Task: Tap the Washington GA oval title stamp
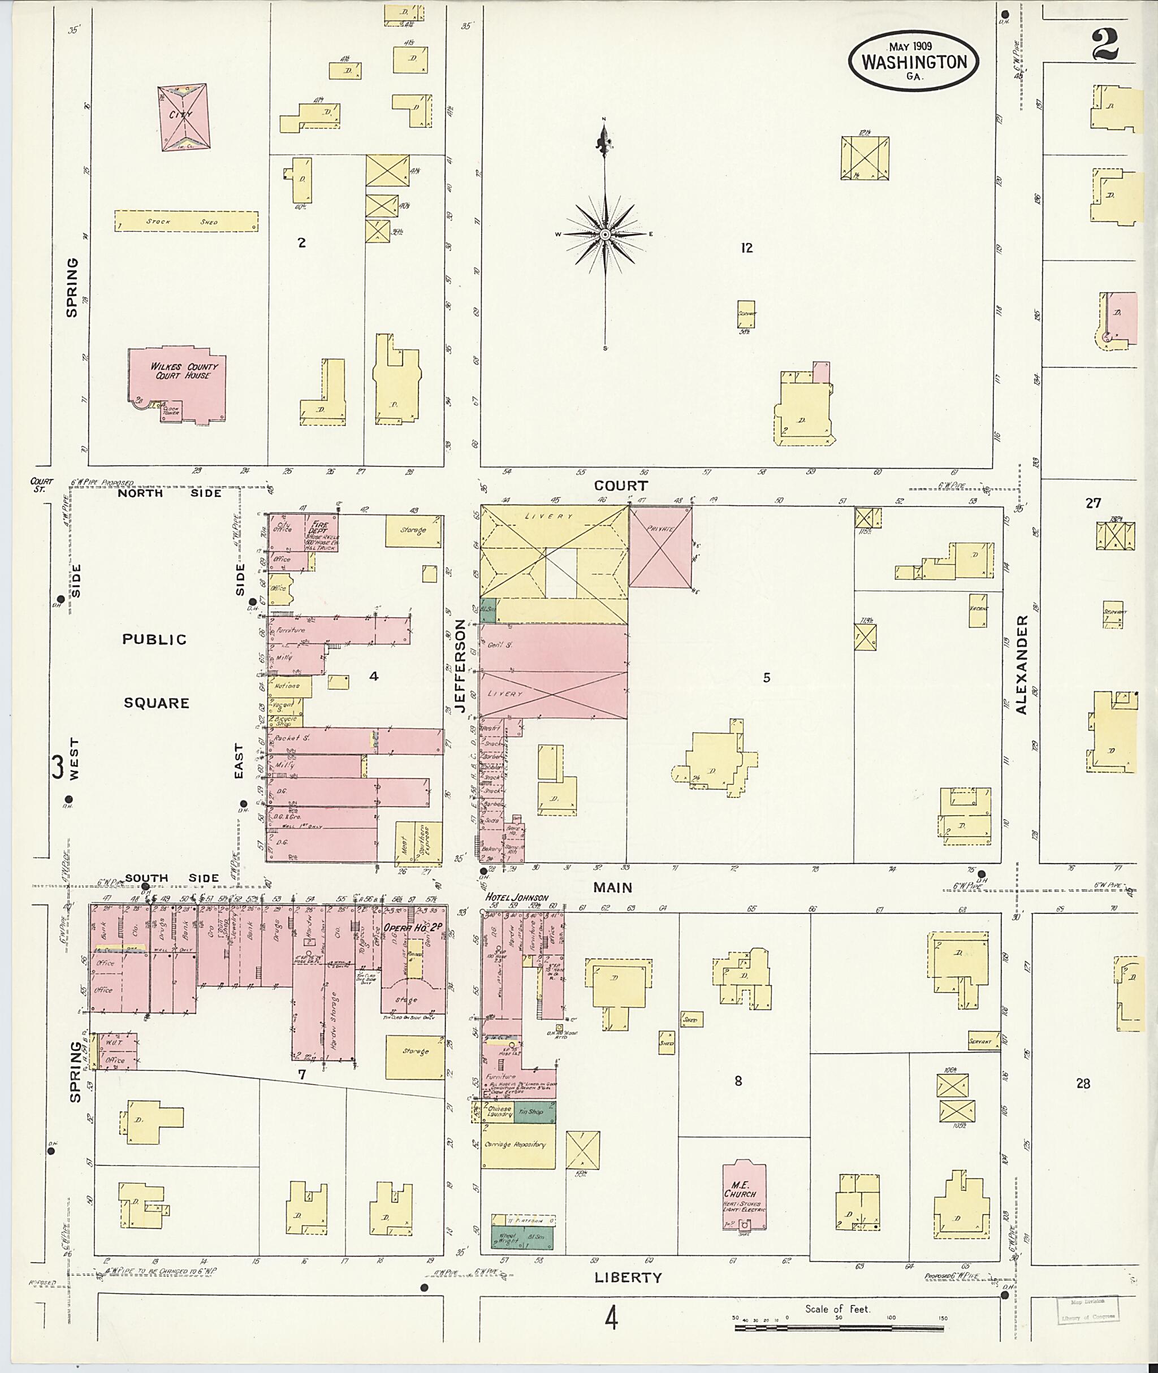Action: [913, 61]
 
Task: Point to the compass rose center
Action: [604, 235]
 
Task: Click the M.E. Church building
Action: [745, 1196]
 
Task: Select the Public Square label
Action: [155, 671]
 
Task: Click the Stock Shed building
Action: [187, 221]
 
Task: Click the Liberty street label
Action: [628, 1277]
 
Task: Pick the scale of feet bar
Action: [839, 1327]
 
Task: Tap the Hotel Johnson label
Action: [517, 897]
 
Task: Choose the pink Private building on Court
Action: [660, 547]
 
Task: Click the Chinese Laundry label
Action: [500, 1112]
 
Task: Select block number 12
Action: [746, 248]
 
